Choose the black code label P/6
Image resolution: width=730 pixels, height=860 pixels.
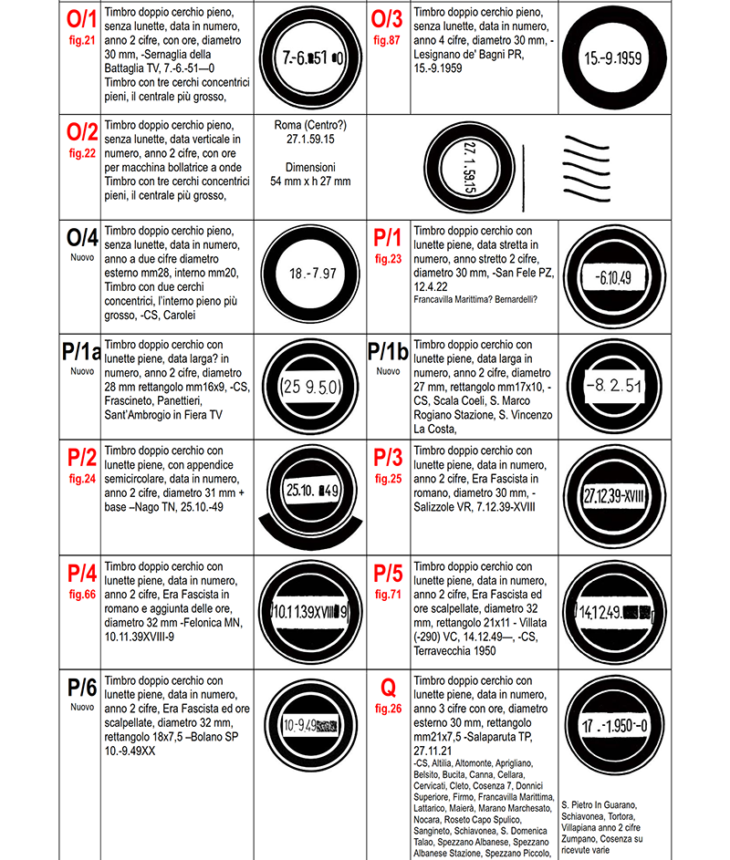coord(81,689)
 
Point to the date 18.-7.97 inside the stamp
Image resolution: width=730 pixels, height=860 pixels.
coord(312,274)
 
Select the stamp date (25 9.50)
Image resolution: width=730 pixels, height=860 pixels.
coord(312,386)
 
